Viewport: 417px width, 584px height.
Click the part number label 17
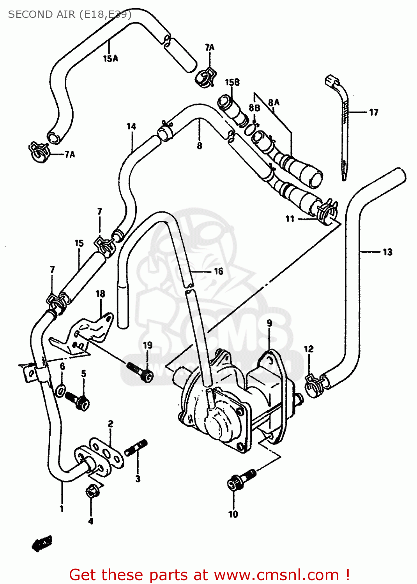click(373, 113)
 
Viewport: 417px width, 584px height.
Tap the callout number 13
click(387, 252)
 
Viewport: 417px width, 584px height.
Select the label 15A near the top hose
click(110, 58)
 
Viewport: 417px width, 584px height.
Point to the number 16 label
click(219, 271)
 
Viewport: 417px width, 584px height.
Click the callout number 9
click(269, 323)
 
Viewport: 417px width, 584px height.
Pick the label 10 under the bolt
click(233, 514)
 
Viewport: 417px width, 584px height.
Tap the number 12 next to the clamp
click(309, 349)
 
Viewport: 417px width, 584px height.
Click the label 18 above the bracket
click(101, 294)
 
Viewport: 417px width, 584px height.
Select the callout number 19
click(147, 345)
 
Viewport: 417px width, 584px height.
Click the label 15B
click(232, 82)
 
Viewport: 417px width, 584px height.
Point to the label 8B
click(254, 108)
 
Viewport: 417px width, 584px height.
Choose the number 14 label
click(131, 127)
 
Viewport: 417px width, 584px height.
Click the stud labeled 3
click(136, 448)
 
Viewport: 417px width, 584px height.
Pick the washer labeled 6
click(62, 391)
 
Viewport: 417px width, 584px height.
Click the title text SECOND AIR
click(41, 14)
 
